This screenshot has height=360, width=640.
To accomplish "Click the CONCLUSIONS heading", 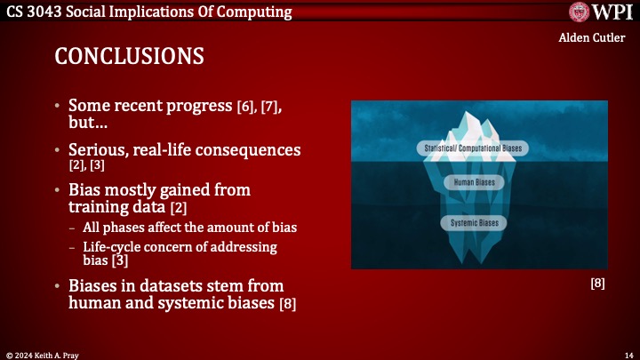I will click(x=129, y=55).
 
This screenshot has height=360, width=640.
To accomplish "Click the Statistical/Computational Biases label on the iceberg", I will click(x=471, y=147).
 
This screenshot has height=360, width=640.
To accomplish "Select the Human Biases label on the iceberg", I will click(x=474, y=182).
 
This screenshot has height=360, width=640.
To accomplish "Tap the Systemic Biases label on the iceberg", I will click(x=474, y=223).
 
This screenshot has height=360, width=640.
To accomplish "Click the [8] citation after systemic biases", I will click(x=287, y=305).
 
